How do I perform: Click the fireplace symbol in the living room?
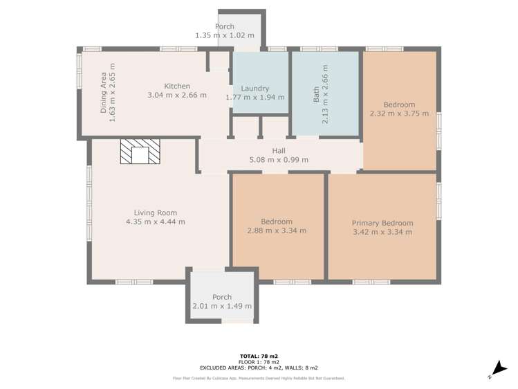click(x=140, y=152)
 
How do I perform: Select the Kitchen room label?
click(x=177, y=86)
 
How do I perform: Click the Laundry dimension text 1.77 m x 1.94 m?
click(x=255, y=98)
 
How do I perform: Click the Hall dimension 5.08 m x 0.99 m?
click(x=279, y=160)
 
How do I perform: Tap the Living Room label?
click(x=156, y=212)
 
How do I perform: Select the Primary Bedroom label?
click(x=382, y=223)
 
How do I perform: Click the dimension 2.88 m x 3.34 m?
click(x=277, y=230)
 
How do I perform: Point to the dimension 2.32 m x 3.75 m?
click(x=399, y=114)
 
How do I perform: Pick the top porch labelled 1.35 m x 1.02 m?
click(x=224, y=30)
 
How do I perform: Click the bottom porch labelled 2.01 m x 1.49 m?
click(x=222, y=301)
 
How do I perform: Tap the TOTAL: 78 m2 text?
click(x=259, y=356)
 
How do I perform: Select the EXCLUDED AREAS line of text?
click(x=259, y=368)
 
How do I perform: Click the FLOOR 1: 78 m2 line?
click(x=259, y=362)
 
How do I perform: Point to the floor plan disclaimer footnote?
click(x=259, y=379)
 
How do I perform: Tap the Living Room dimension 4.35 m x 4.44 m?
click(x=156, y=222)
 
